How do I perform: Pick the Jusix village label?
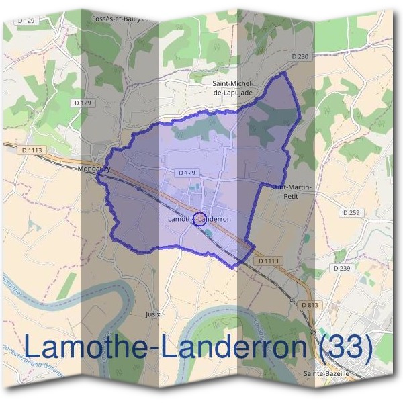[154, 314]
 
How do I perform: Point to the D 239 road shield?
[343, 268]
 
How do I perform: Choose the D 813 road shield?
[310, 305]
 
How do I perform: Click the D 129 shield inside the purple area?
[187, 173]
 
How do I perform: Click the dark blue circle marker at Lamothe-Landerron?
[199, 219]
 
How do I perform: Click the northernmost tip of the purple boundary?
[286, 72]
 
